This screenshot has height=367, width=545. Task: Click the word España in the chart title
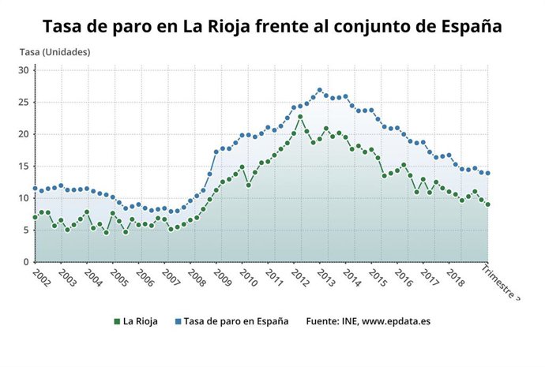[x=468, y=27]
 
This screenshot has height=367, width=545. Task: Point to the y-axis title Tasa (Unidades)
[x=54, y=52]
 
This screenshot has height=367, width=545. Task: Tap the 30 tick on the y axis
[x=23, y=70]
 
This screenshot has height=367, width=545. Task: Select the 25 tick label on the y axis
[x=23, y=103]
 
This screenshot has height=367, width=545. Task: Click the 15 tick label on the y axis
[x=23, y=167]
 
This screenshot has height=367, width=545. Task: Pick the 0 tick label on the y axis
[x=25, y=262]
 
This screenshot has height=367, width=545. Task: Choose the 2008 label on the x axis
[x=196, y=279]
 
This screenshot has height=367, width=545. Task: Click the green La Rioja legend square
[x=117, y=322]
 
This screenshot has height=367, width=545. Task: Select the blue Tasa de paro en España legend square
[x=178, y=322]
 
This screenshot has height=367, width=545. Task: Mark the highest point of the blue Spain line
[x=320, y=90]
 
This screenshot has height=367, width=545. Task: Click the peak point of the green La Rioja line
[x=300, y=117]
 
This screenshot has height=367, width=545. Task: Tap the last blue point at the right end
[x=488, y=174]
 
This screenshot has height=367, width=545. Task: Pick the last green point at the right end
[x=488, y=204]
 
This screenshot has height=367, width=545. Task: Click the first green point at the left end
[x=35, y=217]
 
